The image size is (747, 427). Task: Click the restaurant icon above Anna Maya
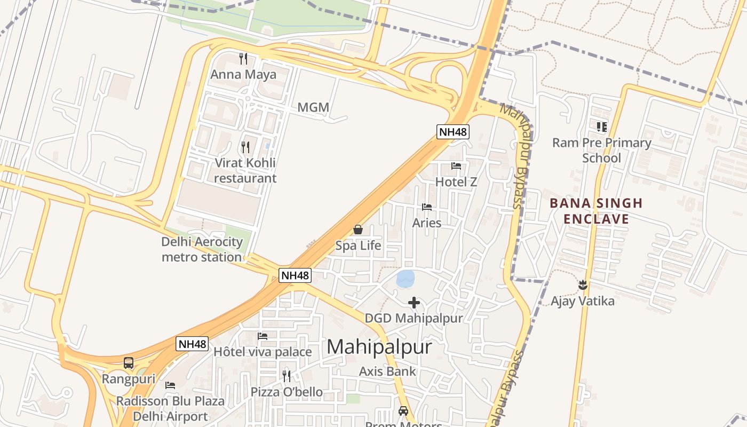pyautogui.click(x=244, y=58)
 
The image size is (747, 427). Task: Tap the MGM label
pyautogui.click(x=313, y=107)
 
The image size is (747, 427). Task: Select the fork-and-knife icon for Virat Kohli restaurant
pyautogui.click(x=245, y=147)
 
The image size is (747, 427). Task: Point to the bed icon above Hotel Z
pyautogui.click(x=456, y=166)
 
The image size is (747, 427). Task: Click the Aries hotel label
pyautogui.click(x=427, y=223)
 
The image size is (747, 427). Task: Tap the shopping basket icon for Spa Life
pyautogui.click(x=358, y=230)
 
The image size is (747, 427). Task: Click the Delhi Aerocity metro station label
pyautogui.click(x=202, y=249)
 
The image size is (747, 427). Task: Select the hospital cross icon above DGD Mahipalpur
pyautogui.click(x=414, y=303)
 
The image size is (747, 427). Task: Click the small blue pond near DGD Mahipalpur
pyautogui.click(x=406, y=278)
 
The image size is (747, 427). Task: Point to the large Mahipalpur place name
pyautogui.click(x=379, y=347)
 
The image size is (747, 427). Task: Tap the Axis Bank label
pyautogui.click(x=387, y=371)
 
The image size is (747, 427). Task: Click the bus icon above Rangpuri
pyautogui.click(x=129, y=363)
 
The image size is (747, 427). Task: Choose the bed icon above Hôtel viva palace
pyautogui.click(x=263, y=336)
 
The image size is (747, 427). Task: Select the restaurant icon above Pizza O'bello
pyautogui.click(x=287, y=376)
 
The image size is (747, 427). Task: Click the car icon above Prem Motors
pyautogui.click(x=403, y=411)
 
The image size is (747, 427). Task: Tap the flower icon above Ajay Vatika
pyautogui.click(x=583, y=285)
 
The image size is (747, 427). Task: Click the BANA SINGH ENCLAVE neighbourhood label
pyautogui.click(x=596, y=211)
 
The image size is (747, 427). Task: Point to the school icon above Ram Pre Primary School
pyautogui.click(x=601, y=127)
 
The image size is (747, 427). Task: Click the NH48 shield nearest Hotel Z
pyautogui.click(x=453, y=132)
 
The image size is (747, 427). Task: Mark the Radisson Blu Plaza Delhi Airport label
pyautogui.click(x=170, y=408)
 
